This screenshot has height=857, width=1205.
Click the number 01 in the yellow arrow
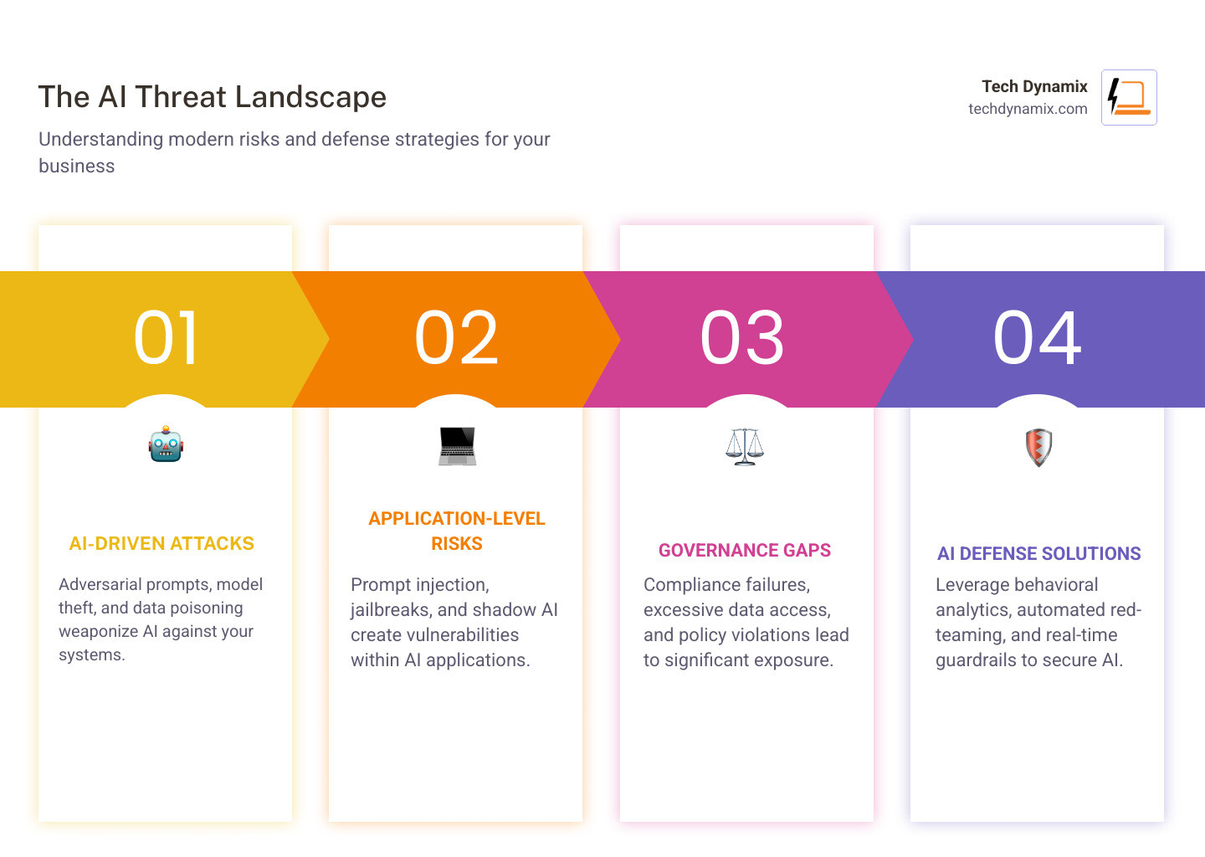(x=166, y=338)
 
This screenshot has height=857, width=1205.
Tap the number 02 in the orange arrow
(x=456, y=338)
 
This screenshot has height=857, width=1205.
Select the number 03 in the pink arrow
(x=742, y=338)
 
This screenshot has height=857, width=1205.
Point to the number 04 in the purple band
(x=1037, y=338)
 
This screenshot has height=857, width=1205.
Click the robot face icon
(x=166, y=444)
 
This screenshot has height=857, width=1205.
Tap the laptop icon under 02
(x=457, y=446)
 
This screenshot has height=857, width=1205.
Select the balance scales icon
(x=745, y=447)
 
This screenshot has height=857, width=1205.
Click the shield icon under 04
(x=1038, y=448)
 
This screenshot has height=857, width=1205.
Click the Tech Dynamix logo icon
(x=1129, y=97)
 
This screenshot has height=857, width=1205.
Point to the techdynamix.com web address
(x=1028, y=109)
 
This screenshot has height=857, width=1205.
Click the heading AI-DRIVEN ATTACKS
(x=162, y=544)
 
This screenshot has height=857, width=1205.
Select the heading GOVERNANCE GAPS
(x=745, y=551)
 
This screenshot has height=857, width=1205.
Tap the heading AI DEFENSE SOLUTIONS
(x=1038, y=554)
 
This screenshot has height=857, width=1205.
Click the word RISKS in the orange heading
(x=457, y=544)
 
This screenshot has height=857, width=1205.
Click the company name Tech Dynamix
(x=1034, y=86)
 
